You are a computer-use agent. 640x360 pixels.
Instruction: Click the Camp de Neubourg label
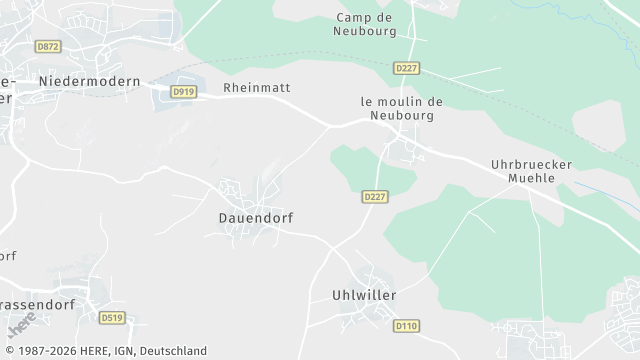tap(365, 24)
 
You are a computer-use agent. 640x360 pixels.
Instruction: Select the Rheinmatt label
tap(257, 88)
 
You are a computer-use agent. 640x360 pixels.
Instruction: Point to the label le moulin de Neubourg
tap(401, 108)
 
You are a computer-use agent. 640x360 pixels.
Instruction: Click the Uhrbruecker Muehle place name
tap(522, 170)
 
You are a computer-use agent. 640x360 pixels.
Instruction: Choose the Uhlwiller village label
tap(364, 295)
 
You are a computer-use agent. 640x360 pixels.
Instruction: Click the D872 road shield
tap(47, 47)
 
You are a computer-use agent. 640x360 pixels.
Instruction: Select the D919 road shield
tap(182, 92)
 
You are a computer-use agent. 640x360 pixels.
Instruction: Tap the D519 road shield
tap(113, 318)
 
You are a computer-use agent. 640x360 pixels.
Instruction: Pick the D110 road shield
tap(405, 325)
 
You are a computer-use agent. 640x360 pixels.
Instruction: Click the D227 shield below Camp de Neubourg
tap(405, 68)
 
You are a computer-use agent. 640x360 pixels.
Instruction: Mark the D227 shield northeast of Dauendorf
tap(374, 197)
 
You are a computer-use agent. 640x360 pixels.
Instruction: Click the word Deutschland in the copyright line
tap(173, 351)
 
